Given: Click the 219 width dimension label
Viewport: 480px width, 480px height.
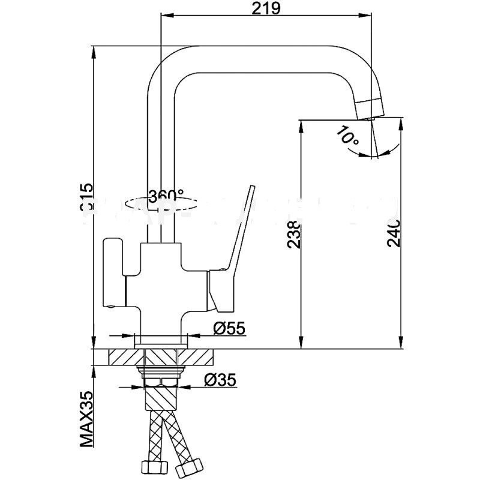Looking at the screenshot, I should click(x=263, y=9).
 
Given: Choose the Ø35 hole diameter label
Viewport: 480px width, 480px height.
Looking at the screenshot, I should click(x=220, y=380).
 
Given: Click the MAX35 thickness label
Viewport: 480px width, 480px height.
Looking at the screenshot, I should click(x=88, y=419).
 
